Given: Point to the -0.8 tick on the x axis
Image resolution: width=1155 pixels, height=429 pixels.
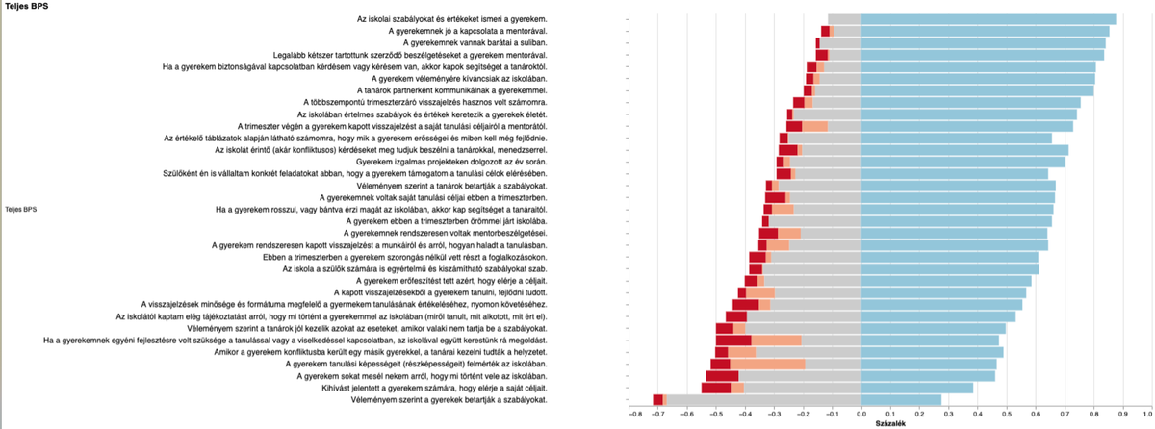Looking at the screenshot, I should click(635, 415).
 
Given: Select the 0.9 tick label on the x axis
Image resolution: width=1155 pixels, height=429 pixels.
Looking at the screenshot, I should click(1123, 415).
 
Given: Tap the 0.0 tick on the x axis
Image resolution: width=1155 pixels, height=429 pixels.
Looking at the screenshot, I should click(861, 415).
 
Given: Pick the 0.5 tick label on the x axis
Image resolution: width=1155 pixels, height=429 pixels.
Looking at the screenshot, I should click(1007, 415).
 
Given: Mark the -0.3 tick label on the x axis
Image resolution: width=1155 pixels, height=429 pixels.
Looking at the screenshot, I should click(774, 415).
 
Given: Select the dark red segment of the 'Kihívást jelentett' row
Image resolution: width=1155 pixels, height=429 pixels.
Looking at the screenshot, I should click(716, 388).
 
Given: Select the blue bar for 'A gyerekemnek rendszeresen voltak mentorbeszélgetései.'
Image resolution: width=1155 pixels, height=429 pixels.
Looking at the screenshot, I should click(954, 233).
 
